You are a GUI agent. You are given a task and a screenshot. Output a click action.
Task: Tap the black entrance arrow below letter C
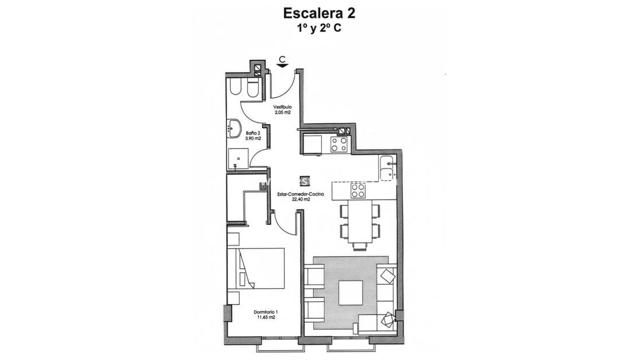click(x=282, y=67)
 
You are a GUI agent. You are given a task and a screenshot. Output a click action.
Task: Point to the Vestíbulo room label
click(x=282, y=107)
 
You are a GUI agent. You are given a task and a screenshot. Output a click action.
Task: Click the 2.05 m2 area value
click(x=282, y=113)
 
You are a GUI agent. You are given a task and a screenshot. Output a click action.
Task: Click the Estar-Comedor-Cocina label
click(x=301, y=194)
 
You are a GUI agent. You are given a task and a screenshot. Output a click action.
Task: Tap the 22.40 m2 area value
click(x=301, y=200)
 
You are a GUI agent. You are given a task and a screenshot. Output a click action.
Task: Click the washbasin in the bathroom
click(x=235, y=127)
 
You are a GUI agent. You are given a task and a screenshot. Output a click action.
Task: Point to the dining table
click(x=360, y=221)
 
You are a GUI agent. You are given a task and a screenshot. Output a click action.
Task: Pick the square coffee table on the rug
click(x=351, y=293)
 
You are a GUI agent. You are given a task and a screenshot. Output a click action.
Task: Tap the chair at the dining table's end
click(x=360, y=247)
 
